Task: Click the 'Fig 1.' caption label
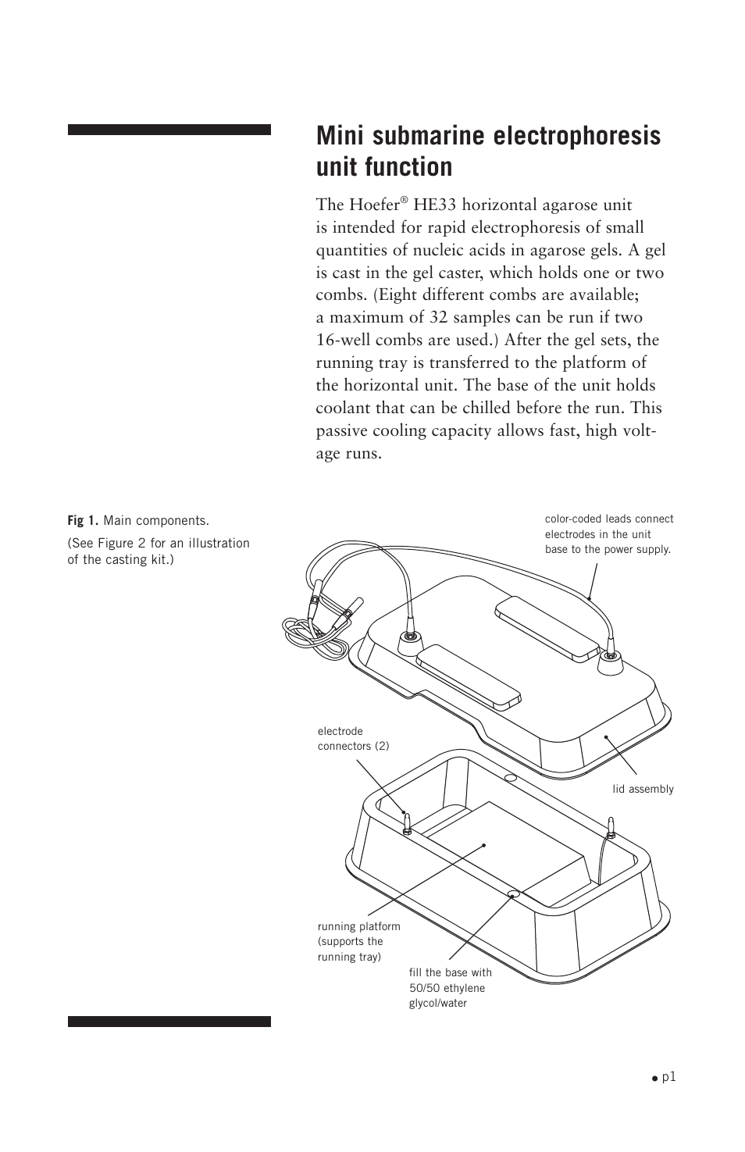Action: point(83,521)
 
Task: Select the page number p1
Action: point(668,1077)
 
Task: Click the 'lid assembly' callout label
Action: point(643,789)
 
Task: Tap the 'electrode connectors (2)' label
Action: point(353,739)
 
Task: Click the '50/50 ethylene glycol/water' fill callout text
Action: point(450,988)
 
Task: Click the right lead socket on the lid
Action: point(611,660)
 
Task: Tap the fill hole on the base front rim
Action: point(514,893)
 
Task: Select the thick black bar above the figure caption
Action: point(169,130)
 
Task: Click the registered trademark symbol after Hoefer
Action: point(404,201)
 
